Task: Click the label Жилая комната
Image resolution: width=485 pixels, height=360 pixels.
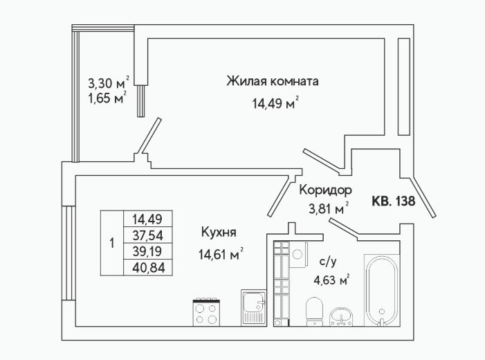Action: [x=273, y=82]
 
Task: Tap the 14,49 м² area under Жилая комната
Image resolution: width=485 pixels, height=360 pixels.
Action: [x=275, y=103]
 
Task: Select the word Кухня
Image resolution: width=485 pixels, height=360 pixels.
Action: [x=219, y=232]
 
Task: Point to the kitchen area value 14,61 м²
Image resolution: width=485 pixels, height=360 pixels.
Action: [x=221, y=255]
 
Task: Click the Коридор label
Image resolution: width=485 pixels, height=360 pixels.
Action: [x=325, y=190]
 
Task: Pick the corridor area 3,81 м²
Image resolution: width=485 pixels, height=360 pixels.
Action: [x=329, y=209]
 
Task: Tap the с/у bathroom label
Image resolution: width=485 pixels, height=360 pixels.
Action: [x=328, y=262]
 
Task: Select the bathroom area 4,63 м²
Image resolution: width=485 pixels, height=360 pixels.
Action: [x=331, y=280]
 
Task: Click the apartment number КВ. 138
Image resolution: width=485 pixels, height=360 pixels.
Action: [x=393, y=201]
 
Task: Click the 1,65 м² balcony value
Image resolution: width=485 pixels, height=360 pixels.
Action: [x=107, y=98]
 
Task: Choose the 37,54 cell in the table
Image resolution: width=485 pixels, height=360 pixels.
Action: [x=148, y=235]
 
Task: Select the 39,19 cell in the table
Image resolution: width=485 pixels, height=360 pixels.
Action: [x=148, y=252]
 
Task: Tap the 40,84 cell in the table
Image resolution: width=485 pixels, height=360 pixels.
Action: [x=148, y=268]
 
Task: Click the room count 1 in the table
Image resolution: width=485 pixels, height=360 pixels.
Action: [x=112, y=243]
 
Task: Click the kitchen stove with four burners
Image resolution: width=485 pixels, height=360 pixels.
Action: [x=206, y=312]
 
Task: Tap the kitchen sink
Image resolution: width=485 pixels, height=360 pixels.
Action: [x=254, y=307]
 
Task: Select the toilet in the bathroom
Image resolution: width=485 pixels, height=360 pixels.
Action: [x=314, y=311]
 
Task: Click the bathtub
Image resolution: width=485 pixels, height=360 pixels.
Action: [x=382, y=290]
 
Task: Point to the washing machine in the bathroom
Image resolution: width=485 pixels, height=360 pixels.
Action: [x=298, y=255]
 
